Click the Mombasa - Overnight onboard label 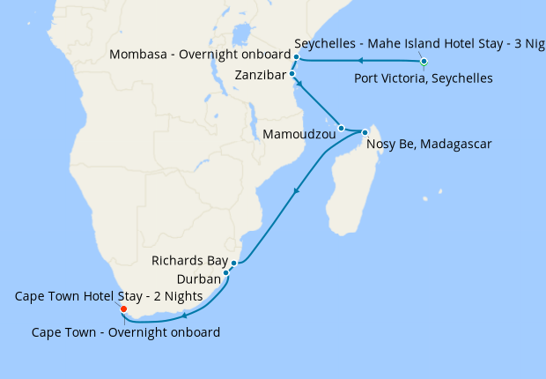pyautogui.click(x=200, y=55)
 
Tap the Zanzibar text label pyautogui.click(x=261, y=75)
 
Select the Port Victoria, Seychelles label pyautogui.click(x=423, y=78)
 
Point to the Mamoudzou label pyautogui.click(x=300, y=135)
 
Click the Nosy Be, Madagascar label pyautogui.click(x=428, y=144)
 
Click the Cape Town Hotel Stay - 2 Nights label pyautogui.click(x=108, y=296)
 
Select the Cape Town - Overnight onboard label pyautogui.click(x=125, y=332)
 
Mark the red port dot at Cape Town pyautogui.click(x=123, y=309)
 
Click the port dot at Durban pyautogui.click(x=226, y=273)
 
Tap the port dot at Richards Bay pyautogui.click(x=233, y=263)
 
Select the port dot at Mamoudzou pyautogui.click(x=341, y=128)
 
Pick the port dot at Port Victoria pyautogui.click(x=424, y=62)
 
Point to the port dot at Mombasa pyautogui.click(x=297, y=57)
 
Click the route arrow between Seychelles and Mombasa pyautogui.click(x=360, y=61)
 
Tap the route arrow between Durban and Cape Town pyautogui.click(x=183, y=314)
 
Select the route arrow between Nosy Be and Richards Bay pyautogui.click(x=297, y=189)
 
